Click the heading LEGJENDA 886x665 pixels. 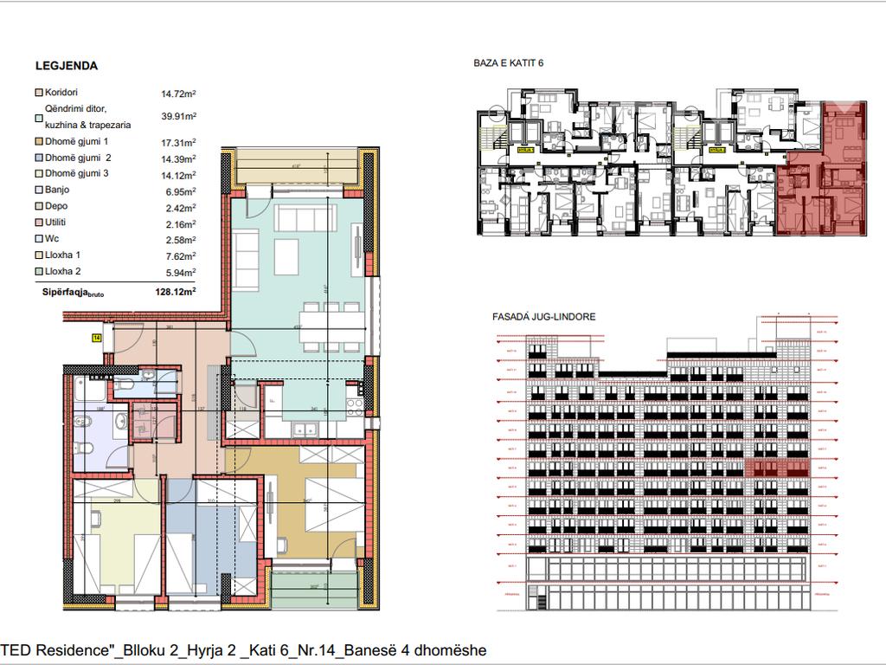[66, 66]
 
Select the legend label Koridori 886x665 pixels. [61, 93]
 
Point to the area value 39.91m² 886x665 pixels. [178, 116]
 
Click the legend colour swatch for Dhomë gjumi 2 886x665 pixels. [38, 158]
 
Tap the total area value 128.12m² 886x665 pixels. [178, 293]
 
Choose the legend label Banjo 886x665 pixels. [56, 190]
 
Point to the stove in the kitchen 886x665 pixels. [354, 403]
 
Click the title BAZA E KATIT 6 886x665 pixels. [509, 63]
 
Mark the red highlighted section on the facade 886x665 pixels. [777, 468]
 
